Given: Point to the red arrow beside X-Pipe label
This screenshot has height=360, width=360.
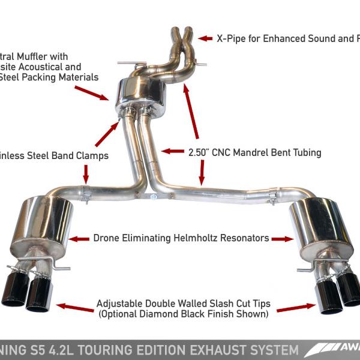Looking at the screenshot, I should [x=206, y=38].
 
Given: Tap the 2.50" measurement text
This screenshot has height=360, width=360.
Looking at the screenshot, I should [x=202, y=152].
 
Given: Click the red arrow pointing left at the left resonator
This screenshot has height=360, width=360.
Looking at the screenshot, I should [x=79, y=238].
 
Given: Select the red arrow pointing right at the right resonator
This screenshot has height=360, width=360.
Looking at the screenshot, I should [x=283, y=238].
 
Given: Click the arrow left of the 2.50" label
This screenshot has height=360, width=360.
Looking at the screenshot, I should [x=172, y=152].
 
